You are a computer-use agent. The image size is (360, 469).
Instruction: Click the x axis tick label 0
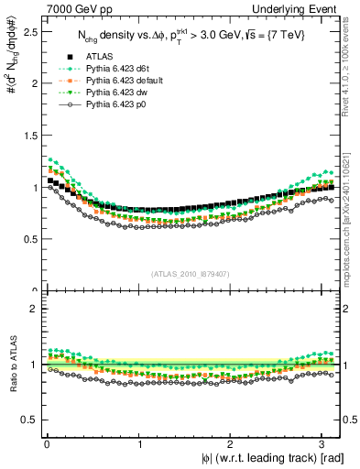click(x=47, y=444)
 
